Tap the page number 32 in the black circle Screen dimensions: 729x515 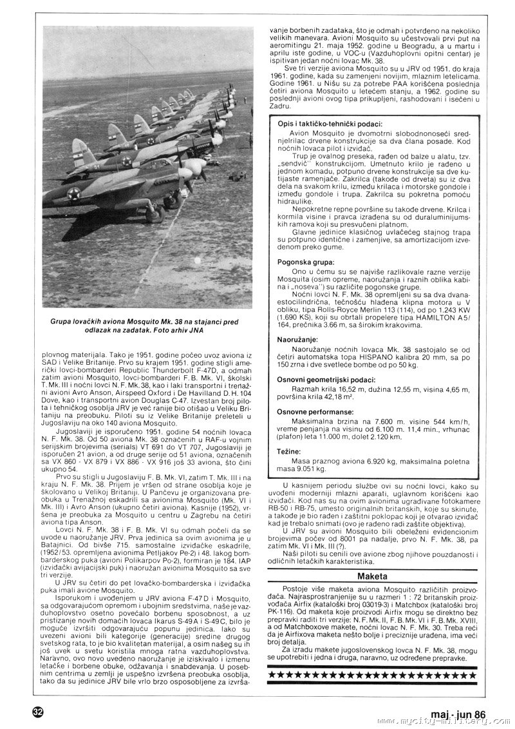point(37,712)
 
